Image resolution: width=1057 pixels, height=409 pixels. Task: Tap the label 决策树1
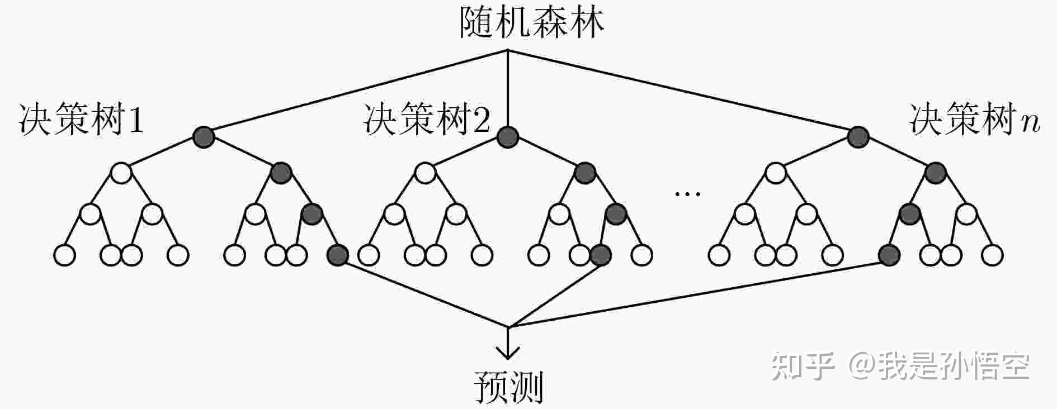(x=82, y=119)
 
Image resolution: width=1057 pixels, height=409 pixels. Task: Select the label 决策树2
(x=426, y=119)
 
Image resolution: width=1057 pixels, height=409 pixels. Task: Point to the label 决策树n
(x=974, y=119)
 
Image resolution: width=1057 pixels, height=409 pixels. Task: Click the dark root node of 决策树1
(x=204, y=136)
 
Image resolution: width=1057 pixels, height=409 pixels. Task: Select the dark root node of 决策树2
(x=508, y=136)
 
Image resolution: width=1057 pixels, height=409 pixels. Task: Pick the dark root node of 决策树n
(x=858, y=136)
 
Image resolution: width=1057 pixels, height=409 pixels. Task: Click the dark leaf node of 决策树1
(x=337, y=255)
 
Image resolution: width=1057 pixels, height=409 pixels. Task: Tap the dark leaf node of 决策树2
(x=601, y=255)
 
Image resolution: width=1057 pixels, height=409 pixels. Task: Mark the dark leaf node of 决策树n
(x=889, y=255)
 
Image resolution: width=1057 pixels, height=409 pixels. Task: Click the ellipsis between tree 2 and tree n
(x=687, y=194)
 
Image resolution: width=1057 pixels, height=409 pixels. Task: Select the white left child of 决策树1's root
(x=121, y=173)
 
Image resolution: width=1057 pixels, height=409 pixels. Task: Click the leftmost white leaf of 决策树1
(x=64, y=255)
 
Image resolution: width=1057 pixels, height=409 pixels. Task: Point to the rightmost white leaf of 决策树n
(x=993, y=255)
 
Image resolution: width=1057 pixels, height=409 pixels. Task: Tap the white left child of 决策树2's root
(x=426, y=173)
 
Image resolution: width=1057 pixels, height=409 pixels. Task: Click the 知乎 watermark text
(x=803, y=367)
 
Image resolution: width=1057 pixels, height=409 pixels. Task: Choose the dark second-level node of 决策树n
(x=935, y=173)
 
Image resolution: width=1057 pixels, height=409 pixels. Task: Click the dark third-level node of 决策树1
(x=312, y=214)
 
